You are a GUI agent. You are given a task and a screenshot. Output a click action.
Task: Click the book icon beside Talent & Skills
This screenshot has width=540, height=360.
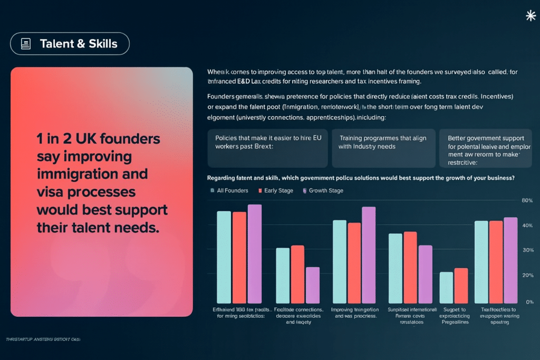(x=25, y=44)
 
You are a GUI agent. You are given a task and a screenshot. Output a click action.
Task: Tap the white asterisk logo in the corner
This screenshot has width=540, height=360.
(x=531, y=16)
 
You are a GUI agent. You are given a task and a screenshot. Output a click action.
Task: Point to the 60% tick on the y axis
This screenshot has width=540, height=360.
(x=527, y=201)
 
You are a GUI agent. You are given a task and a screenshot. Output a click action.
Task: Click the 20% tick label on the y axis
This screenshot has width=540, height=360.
(x=527, y=276)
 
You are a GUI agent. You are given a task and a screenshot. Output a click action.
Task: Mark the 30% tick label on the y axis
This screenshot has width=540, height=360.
(x=527, y=250)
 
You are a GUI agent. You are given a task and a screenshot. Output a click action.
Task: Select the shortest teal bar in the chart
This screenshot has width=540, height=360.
(x=447, y=287)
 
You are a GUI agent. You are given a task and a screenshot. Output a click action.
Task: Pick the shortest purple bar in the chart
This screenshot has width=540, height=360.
(x=313, y=285)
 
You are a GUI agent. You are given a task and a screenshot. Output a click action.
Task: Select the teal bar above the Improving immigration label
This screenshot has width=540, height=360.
(x=339, y=261)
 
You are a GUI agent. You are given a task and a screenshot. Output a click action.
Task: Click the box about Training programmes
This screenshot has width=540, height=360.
(x=383, y=148)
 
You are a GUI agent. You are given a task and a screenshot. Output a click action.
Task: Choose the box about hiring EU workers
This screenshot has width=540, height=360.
(x=268, y=148)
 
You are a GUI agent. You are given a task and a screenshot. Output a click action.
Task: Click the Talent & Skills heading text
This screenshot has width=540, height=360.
(x=79, y=44)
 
